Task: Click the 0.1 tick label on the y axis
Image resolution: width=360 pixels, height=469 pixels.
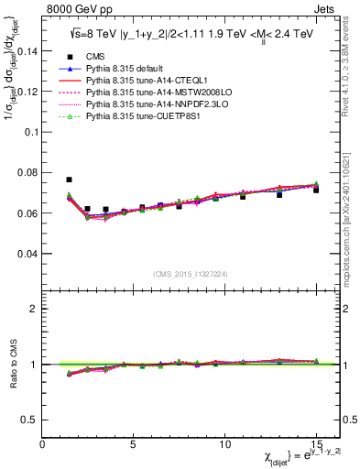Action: pyautogui.click(x=30, y=132)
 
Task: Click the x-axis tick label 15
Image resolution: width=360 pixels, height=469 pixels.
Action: pyautogui.click(x=316, y=444)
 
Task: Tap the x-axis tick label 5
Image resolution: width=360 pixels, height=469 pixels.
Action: pyautogui.click(x=134, y=444)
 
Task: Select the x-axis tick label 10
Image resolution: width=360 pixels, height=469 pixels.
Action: pyautogui.click(x=224, y=444)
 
